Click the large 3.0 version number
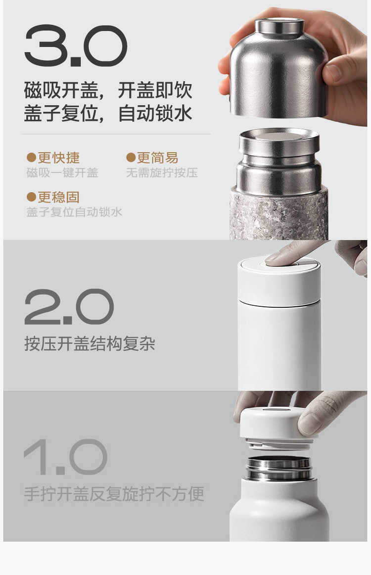point(76,46)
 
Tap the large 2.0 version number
point(69,307)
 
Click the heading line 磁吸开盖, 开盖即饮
point(108,90)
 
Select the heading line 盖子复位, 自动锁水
point(108,113)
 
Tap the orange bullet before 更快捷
point(31,158)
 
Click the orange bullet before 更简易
point(131,158)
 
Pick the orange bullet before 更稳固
point(31,197)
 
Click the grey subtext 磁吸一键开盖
point(62,172)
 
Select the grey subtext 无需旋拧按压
point(162,172)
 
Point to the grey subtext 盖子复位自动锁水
point(74,212)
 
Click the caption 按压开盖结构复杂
point(90,343)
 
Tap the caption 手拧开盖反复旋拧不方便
point(114,493)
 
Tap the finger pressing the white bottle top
point(289,253)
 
